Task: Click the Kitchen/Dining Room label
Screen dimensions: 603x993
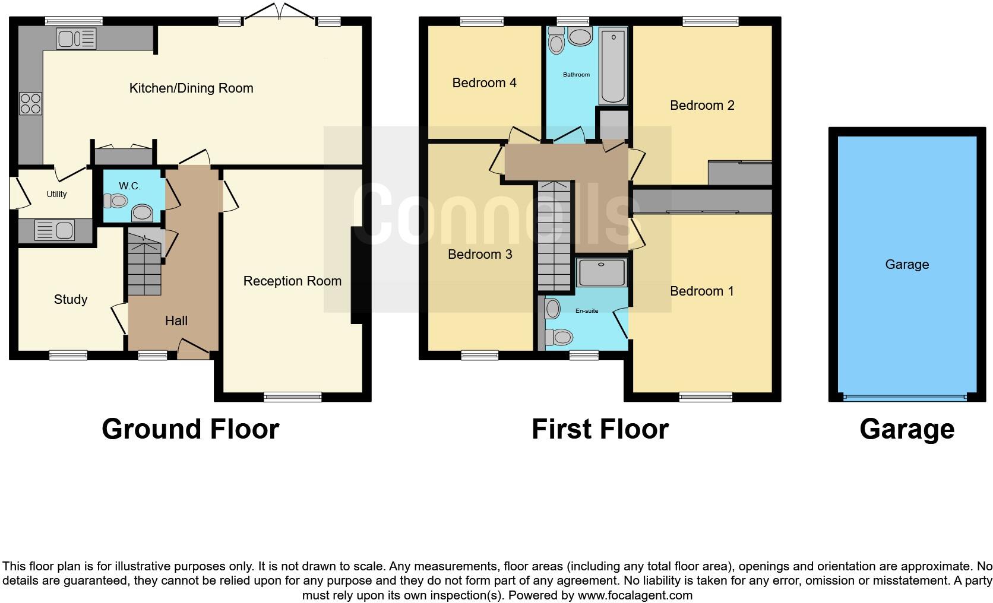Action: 191,88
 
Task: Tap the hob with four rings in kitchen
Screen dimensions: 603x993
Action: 30,104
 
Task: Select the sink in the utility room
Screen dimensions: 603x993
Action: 54,230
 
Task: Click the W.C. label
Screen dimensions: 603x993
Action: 129,186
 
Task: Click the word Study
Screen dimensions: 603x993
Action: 71,300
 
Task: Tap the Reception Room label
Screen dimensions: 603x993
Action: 292,281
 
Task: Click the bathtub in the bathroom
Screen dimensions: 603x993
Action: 612,66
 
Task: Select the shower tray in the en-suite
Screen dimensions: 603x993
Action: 602,272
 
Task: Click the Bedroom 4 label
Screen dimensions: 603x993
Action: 484,83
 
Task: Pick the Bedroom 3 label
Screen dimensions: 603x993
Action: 480,255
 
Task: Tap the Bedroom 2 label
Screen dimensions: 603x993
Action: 702,106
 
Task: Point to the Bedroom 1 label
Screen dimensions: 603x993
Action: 701,291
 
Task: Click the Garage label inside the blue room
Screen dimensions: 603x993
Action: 906,265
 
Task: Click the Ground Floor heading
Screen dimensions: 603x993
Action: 190,429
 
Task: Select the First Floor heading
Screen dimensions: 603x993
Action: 600,429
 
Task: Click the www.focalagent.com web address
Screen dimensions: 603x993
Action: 635,595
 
